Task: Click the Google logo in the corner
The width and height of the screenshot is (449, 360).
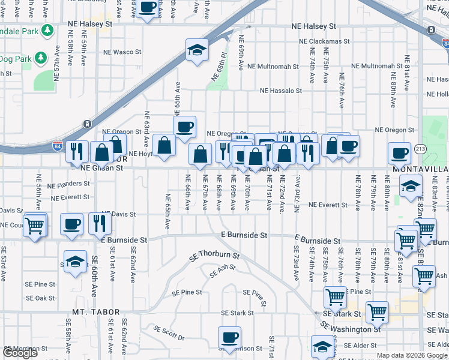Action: (x=20, y=353)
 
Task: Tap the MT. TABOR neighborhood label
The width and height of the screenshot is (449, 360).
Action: (x=96, y=312)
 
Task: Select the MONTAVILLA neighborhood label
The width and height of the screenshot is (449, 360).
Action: (x=420, y=170)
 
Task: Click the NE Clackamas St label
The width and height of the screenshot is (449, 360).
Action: (x=325, y=41)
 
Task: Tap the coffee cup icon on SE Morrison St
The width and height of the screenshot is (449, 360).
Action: (x=229, y=338)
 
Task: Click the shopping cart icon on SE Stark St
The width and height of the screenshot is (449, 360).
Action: (x=377, y=312)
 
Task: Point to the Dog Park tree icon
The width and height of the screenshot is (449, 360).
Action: (x=40, y=58)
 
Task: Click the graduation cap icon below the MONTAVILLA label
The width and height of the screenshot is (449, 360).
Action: (x=411, y=186)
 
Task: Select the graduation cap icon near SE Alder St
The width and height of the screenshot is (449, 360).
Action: (x=322, y=346)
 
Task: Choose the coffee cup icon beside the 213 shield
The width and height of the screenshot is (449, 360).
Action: (x=399, y=154)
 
